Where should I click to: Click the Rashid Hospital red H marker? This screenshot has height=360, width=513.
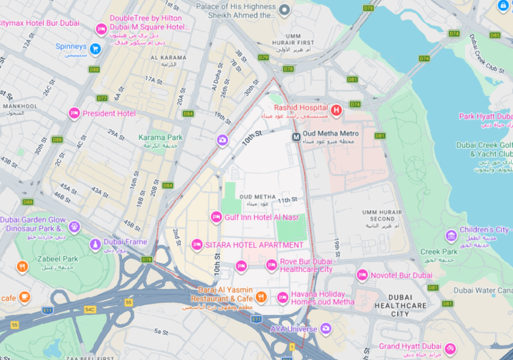(336, 110)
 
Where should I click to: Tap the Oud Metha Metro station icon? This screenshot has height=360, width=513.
(297, 137)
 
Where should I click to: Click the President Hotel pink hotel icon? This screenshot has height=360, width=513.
(74, 113)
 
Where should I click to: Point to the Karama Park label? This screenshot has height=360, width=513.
(160, 137)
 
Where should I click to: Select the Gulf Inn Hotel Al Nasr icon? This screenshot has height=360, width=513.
(216, 217)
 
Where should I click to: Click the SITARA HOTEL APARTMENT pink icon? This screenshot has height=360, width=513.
(197, 245)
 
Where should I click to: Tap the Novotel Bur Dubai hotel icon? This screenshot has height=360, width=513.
(362, 275)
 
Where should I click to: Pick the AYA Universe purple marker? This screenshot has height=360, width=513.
(325, 328)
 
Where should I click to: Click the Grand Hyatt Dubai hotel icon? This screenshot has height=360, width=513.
(450, 349)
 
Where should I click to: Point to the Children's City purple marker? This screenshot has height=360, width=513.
(451, 236)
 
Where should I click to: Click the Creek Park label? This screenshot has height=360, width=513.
(439, 252)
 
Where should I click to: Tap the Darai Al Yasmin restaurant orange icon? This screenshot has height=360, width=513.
(262, 296)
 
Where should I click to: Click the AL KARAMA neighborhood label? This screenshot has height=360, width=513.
(168, 58)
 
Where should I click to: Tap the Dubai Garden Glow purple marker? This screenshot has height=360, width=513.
(74, 227)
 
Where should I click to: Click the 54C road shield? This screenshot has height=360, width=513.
(90, 309)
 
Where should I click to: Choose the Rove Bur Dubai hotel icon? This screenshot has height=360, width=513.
(271, 266)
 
